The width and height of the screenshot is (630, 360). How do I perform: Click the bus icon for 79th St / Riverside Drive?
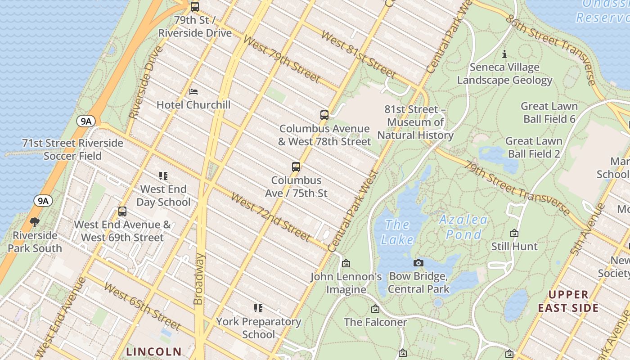[195, 7]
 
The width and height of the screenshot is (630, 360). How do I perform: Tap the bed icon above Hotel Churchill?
[193, 92]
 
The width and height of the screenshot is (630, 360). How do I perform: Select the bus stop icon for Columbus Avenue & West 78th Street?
[324, 115]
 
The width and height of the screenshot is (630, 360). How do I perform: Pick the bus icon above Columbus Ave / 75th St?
[296, 167]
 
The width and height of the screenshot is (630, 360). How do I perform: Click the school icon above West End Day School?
[163, 176]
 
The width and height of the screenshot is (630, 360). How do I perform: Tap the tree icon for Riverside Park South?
[35, 222]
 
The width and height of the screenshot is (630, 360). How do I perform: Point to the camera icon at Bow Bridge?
[418, 263]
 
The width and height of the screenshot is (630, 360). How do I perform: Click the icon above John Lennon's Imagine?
[346, 263]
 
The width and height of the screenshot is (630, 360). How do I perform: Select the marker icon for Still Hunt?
[514, 233]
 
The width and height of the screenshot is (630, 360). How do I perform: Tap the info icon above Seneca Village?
[504, 54]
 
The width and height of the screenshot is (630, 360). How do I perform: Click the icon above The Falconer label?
[375, 309]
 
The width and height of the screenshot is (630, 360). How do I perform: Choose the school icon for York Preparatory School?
[258, 308]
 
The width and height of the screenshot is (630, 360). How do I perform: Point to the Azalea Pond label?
[463, 227]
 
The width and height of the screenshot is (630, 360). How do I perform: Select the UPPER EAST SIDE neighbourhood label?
[568, 301]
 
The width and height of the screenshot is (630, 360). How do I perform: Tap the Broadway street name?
[199, 279]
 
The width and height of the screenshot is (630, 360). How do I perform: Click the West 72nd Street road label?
[270, 217]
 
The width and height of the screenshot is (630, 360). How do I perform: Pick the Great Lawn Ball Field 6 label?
[549, 112]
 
